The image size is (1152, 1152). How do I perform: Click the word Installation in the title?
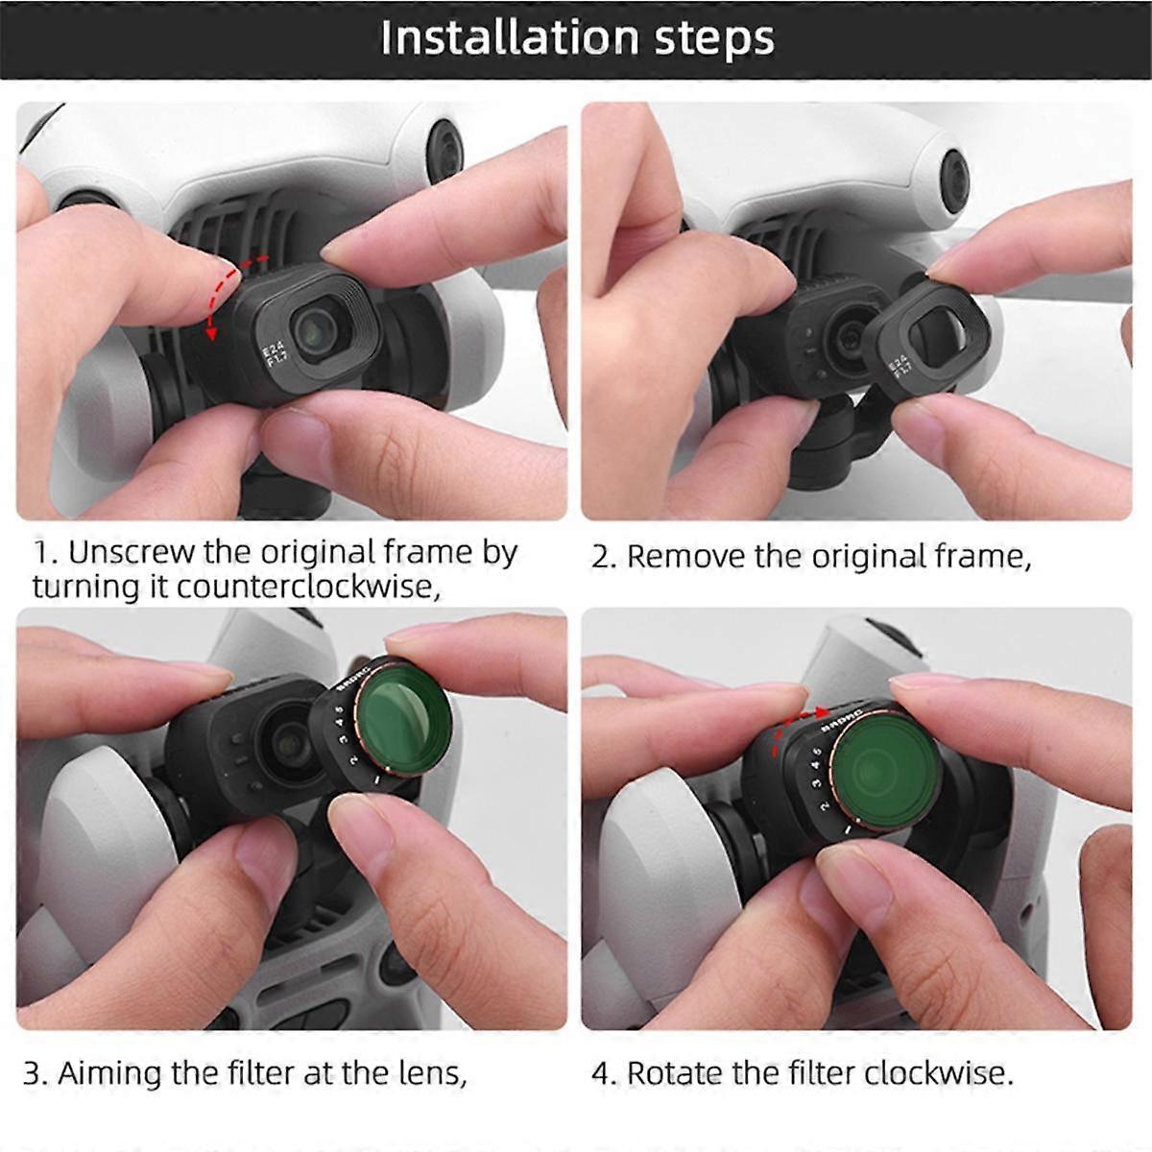tap(509, 38)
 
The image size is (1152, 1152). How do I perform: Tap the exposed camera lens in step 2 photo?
tap(849, 338)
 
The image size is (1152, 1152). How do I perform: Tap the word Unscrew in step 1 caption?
tap(131, 553)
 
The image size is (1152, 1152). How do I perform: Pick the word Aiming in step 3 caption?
tap(110, 1072)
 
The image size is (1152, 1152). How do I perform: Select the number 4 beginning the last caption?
tap(602, 1073)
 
